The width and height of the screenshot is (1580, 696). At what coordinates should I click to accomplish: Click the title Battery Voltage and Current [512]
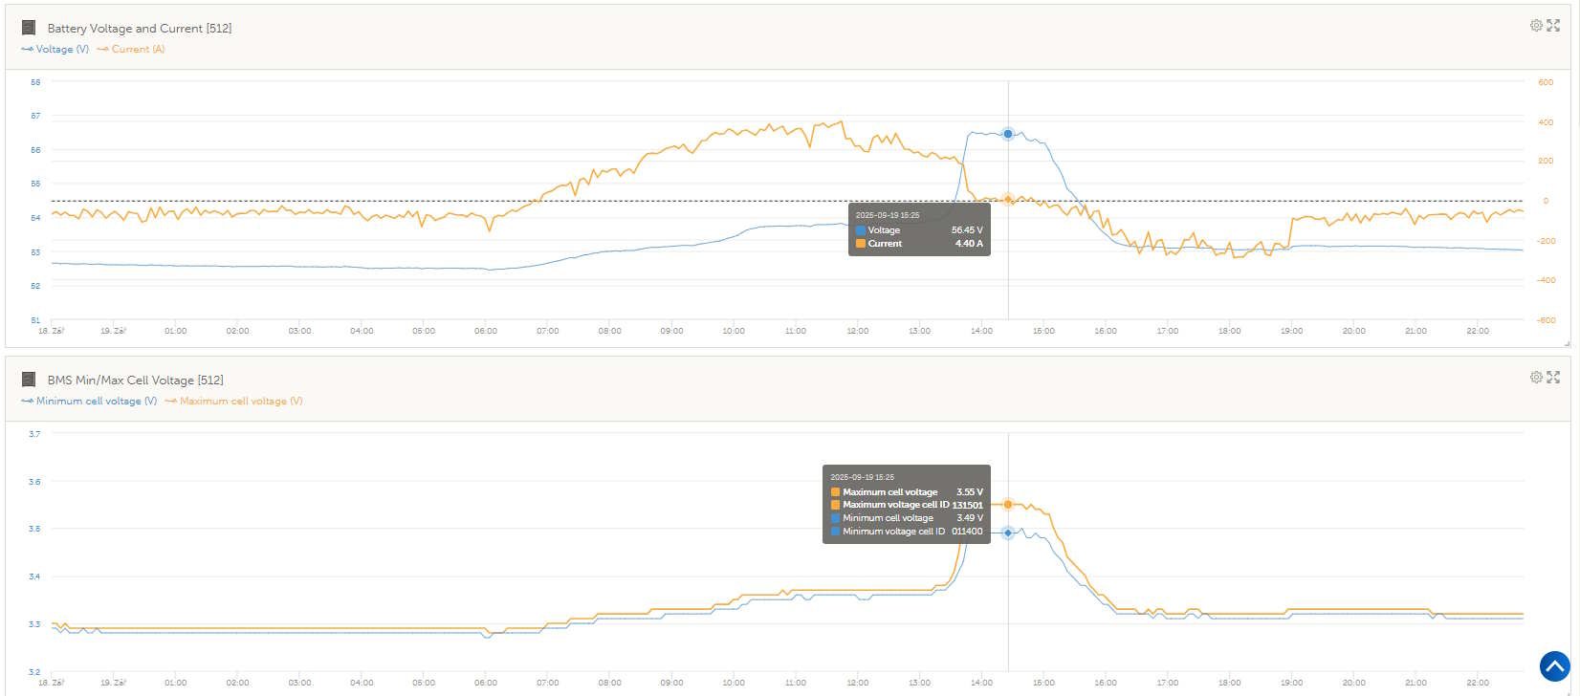tap(139, 29)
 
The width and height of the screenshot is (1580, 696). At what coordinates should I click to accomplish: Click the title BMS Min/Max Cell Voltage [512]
tap(135, 381)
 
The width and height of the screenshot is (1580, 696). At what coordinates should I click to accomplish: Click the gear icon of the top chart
tap(1536, 26)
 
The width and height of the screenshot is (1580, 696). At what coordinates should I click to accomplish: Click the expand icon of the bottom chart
tap(1553, 378)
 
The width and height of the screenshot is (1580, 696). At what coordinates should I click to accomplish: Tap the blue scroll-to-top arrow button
tap(1555, 666)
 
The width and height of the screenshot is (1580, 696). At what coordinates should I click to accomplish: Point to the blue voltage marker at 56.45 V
tap(1008, 134)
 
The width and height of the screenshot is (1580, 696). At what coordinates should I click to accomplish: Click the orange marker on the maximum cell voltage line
tap(1008, 504)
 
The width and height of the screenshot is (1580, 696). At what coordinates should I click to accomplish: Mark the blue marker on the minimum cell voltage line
tap(1008, 533)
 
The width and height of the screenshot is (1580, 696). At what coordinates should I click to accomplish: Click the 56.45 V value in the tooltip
tap(967, 230)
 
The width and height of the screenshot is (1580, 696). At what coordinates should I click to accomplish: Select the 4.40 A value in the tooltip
tap(969, 244)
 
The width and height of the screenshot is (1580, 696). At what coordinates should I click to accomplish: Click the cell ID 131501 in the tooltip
tap(967, 505)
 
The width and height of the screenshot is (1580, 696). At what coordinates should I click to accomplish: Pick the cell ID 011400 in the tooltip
tap(967, 532)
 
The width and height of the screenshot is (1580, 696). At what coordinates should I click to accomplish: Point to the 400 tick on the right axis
tap(1545, 122)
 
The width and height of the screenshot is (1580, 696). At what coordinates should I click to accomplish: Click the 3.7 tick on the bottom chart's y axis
tap(34, 434)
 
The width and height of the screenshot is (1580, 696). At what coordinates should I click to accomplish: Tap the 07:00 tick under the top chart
tap(548, 332)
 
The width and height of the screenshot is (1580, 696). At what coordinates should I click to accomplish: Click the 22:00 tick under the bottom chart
tap(1478, 684)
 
